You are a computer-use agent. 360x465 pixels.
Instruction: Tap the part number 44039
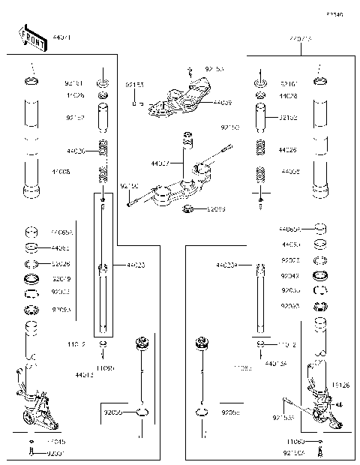[223, 102]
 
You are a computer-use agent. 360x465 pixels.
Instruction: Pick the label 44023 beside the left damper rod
[136, 265]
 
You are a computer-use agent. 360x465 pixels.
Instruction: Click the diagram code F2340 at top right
[334, 14]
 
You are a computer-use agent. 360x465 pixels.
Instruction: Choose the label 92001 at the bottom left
[56, 454]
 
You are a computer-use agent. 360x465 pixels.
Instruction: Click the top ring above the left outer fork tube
[31, 80]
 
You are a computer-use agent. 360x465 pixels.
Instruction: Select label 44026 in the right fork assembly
[288, 150]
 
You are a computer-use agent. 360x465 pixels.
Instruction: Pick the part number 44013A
[276, 364]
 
